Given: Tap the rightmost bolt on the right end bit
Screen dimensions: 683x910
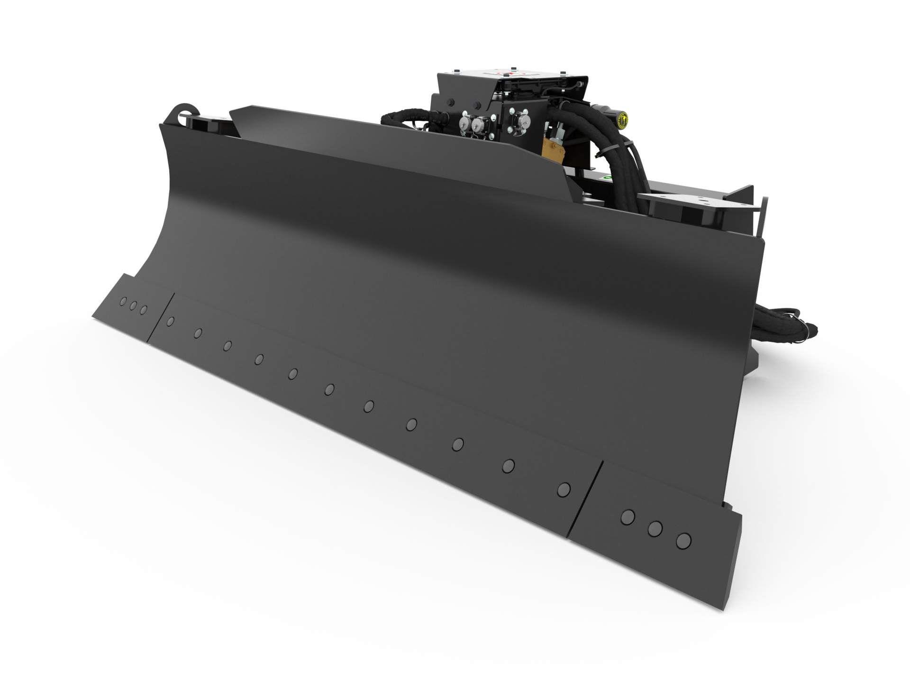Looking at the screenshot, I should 683,540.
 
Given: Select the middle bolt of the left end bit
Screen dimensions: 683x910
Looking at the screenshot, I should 133,305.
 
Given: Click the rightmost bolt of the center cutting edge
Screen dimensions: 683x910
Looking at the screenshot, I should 563,489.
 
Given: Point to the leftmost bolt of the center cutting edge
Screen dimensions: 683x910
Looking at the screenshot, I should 171,321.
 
